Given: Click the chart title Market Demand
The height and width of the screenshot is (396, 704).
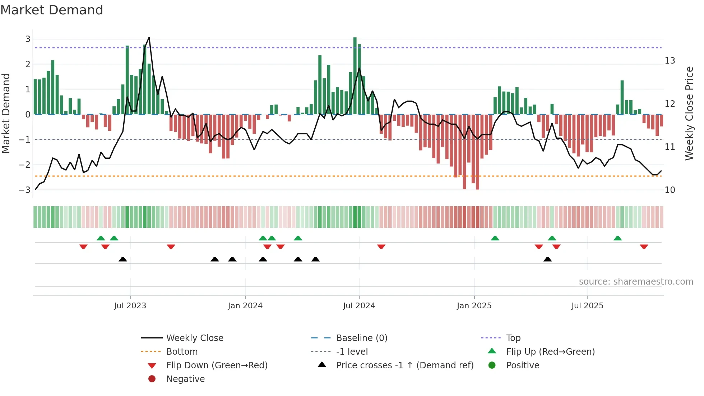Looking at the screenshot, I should point(52,10).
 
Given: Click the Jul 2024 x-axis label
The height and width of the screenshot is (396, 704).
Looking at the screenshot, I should point(359,306).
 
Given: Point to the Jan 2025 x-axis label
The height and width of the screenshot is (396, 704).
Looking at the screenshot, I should point(474,306).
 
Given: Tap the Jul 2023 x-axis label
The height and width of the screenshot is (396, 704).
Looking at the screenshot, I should point(130,306).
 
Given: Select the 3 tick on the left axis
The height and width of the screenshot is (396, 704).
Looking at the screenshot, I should point(28,39).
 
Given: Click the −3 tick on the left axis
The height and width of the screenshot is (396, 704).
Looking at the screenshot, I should point(25,190).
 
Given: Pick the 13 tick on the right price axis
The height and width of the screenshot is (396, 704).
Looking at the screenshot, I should point(670,61).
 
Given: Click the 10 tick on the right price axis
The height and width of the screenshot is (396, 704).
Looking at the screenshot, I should point(670,190).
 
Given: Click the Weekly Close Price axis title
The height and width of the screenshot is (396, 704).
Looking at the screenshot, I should point(689,113).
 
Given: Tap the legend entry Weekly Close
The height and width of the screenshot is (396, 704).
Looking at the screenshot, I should point(194,338).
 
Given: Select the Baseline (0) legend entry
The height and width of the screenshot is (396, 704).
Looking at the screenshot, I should point(361,338).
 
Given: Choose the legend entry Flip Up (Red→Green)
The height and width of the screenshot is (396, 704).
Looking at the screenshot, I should point(550,352).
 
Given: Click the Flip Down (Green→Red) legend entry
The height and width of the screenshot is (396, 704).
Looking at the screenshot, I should point(217,365).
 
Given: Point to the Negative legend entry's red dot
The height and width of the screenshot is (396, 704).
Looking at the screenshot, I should point(152,379).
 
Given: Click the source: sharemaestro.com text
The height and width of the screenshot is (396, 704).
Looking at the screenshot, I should point(636,282).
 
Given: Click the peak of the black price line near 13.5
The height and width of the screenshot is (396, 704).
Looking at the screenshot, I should point(149,37).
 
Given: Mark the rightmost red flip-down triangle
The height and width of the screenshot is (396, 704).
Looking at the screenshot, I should point(644,247).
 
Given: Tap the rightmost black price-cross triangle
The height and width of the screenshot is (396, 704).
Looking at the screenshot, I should point(547,259).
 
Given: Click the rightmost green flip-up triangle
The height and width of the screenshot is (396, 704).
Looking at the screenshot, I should point(617,238).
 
